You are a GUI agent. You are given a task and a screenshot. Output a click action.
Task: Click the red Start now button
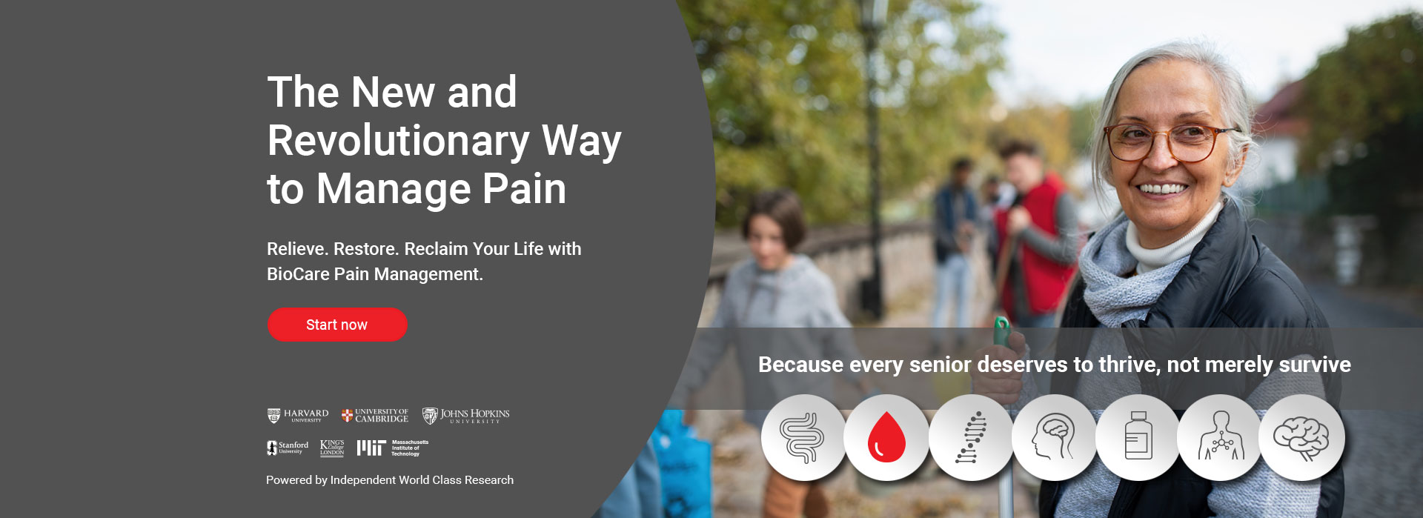337,325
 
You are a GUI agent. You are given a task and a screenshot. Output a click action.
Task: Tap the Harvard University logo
298,416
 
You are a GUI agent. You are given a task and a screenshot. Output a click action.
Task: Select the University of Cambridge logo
375,416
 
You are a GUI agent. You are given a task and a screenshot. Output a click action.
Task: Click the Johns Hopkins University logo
466,416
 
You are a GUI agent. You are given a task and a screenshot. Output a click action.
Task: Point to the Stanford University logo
288,448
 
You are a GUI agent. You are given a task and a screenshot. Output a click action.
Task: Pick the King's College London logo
332,448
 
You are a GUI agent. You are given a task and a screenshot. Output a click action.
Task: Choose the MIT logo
393,448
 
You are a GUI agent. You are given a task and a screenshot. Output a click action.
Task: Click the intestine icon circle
803,438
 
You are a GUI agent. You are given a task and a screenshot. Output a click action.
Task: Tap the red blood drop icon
886,438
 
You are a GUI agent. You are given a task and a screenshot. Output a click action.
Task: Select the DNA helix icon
971,438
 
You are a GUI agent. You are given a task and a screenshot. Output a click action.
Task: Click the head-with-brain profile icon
1054,438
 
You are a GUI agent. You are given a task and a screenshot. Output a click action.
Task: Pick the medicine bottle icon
1138,438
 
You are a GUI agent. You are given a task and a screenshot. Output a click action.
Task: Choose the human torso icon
1220,438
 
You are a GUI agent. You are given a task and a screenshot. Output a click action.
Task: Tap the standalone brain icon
1301,438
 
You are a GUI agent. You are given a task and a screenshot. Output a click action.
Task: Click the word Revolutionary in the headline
399,141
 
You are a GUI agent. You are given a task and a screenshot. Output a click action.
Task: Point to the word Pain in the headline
525,188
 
